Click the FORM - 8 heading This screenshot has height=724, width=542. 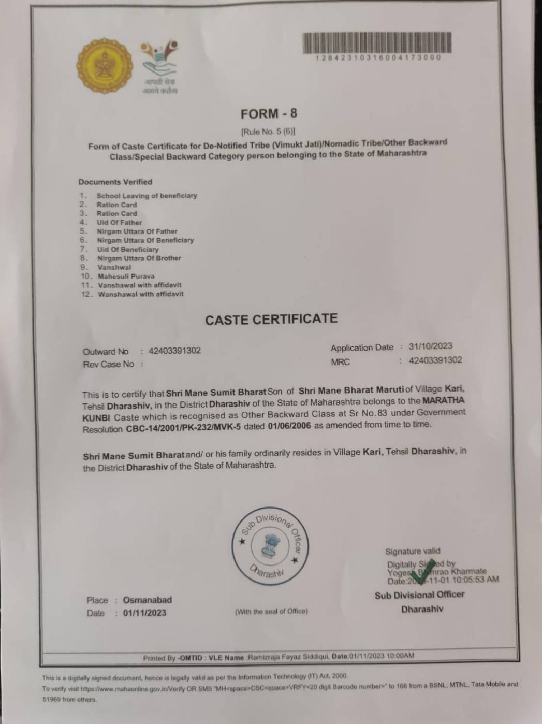click(x=269, y=114)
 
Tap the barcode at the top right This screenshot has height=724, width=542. click(x=377, y=42)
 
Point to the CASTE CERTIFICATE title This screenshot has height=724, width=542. click(x=271, y=319)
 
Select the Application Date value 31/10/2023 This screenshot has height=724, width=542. click(x=430, y=346)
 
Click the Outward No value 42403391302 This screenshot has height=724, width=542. click(x=174, y=351)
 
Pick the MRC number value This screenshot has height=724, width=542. click(x=435, y=360)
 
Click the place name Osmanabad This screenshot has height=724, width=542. click(x=147, y=600)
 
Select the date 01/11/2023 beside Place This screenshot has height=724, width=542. click(x=144, y=613)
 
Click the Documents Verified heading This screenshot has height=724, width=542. click(x=115, y=182)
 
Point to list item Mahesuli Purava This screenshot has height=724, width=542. click(x=126, y=276)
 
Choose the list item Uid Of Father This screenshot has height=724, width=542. click(x=119, y=223)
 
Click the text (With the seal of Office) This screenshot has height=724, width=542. click(x=271, y=612)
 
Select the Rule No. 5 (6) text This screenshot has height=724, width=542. click(x=268, y=131)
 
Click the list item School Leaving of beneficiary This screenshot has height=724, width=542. click(x=147, y=196)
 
